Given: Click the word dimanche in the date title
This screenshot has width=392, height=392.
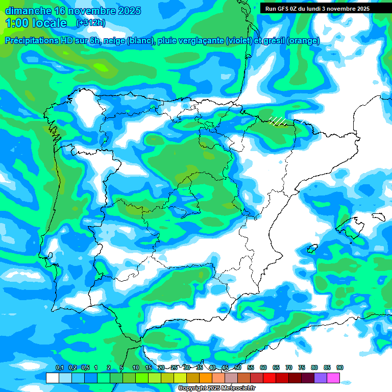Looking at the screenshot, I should [25, 11].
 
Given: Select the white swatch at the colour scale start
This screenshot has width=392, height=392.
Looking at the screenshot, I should [53, 378].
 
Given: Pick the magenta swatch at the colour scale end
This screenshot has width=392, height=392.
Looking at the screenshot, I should [333, 378].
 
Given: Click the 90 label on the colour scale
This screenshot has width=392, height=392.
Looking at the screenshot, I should [340, 367].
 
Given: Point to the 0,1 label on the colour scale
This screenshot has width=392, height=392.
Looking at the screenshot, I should [59, 367].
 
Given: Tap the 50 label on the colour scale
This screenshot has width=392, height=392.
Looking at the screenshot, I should [238, 367].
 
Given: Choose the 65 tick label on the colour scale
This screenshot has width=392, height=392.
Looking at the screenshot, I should [276, 367].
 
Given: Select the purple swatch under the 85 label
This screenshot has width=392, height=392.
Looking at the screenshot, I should [321, 378].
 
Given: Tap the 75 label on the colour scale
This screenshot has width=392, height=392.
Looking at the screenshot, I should [302, 367].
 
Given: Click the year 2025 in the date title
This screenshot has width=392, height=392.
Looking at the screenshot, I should [130, 11].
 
